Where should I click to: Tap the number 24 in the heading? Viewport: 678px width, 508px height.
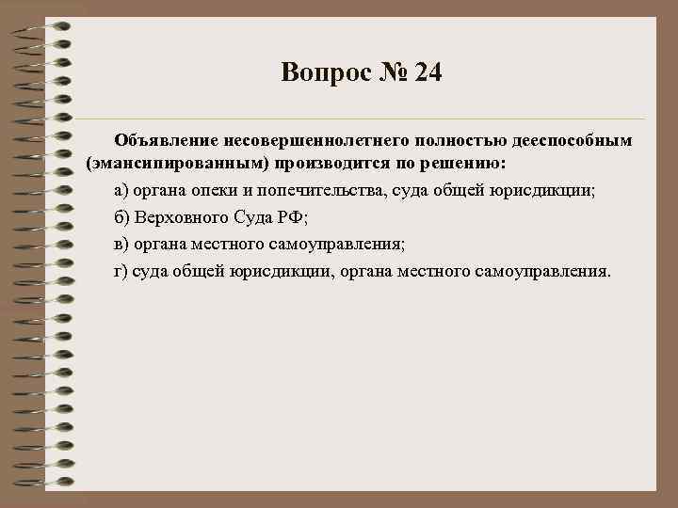(x=427, y=72)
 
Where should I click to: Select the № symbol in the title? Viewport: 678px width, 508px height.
(x=389, y=72)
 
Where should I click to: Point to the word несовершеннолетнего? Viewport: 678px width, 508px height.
(x=302, y=141)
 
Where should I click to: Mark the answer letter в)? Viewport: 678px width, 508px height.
(x=121, y=244)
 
